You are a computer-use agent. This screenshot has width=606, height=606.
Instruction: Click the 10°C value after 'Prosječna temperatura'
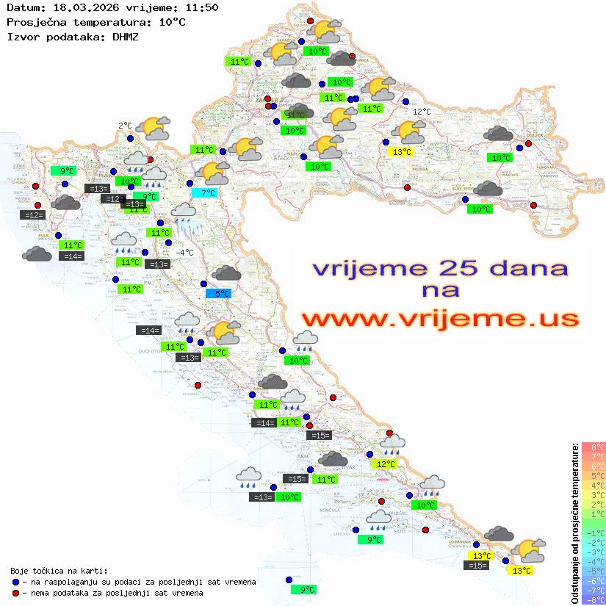coord(172,22)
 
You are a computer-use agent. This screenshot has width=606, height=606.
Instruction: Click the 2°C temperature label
coord(125,126)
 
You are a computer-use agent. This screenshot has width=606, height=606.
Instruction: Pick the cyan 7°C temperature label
coord(207,193)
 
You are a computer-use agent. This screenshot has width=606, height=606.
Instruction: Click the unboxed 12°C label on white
coord(422,112)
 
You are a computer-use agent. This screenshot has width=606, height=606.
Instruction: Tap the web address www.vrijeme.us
coord(440,319)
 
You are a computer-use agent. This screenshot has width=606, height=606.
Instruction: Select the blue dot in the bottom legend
coord(15,582)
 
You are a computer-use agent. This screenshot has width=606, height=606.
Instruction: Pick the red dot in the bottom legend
coord(15,593)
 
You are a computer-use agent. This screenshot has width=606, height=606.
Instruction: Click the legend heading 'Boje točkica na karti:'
coord(59,570)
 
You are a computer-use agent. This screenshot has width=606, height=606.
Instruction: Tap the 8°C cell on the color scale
coord(594,447)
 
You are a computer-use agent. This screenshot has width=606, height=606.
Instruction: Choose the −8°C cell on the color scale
coord(594,599)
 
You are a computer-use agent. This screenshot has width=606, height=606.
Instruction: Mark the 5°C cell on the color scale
coord(594,476)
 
